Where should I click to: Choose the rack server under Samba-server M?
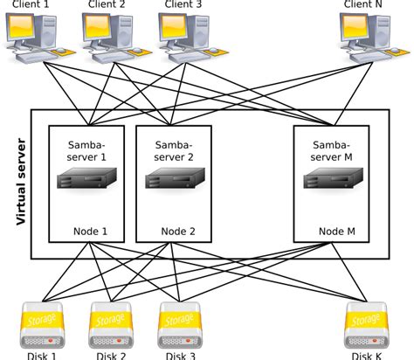click(331, 179)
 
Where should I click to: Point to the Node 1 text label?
click(92, 232)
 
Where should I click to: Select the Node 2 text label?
click(179, 232)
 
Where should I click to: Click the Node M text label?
click(336, 232)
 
